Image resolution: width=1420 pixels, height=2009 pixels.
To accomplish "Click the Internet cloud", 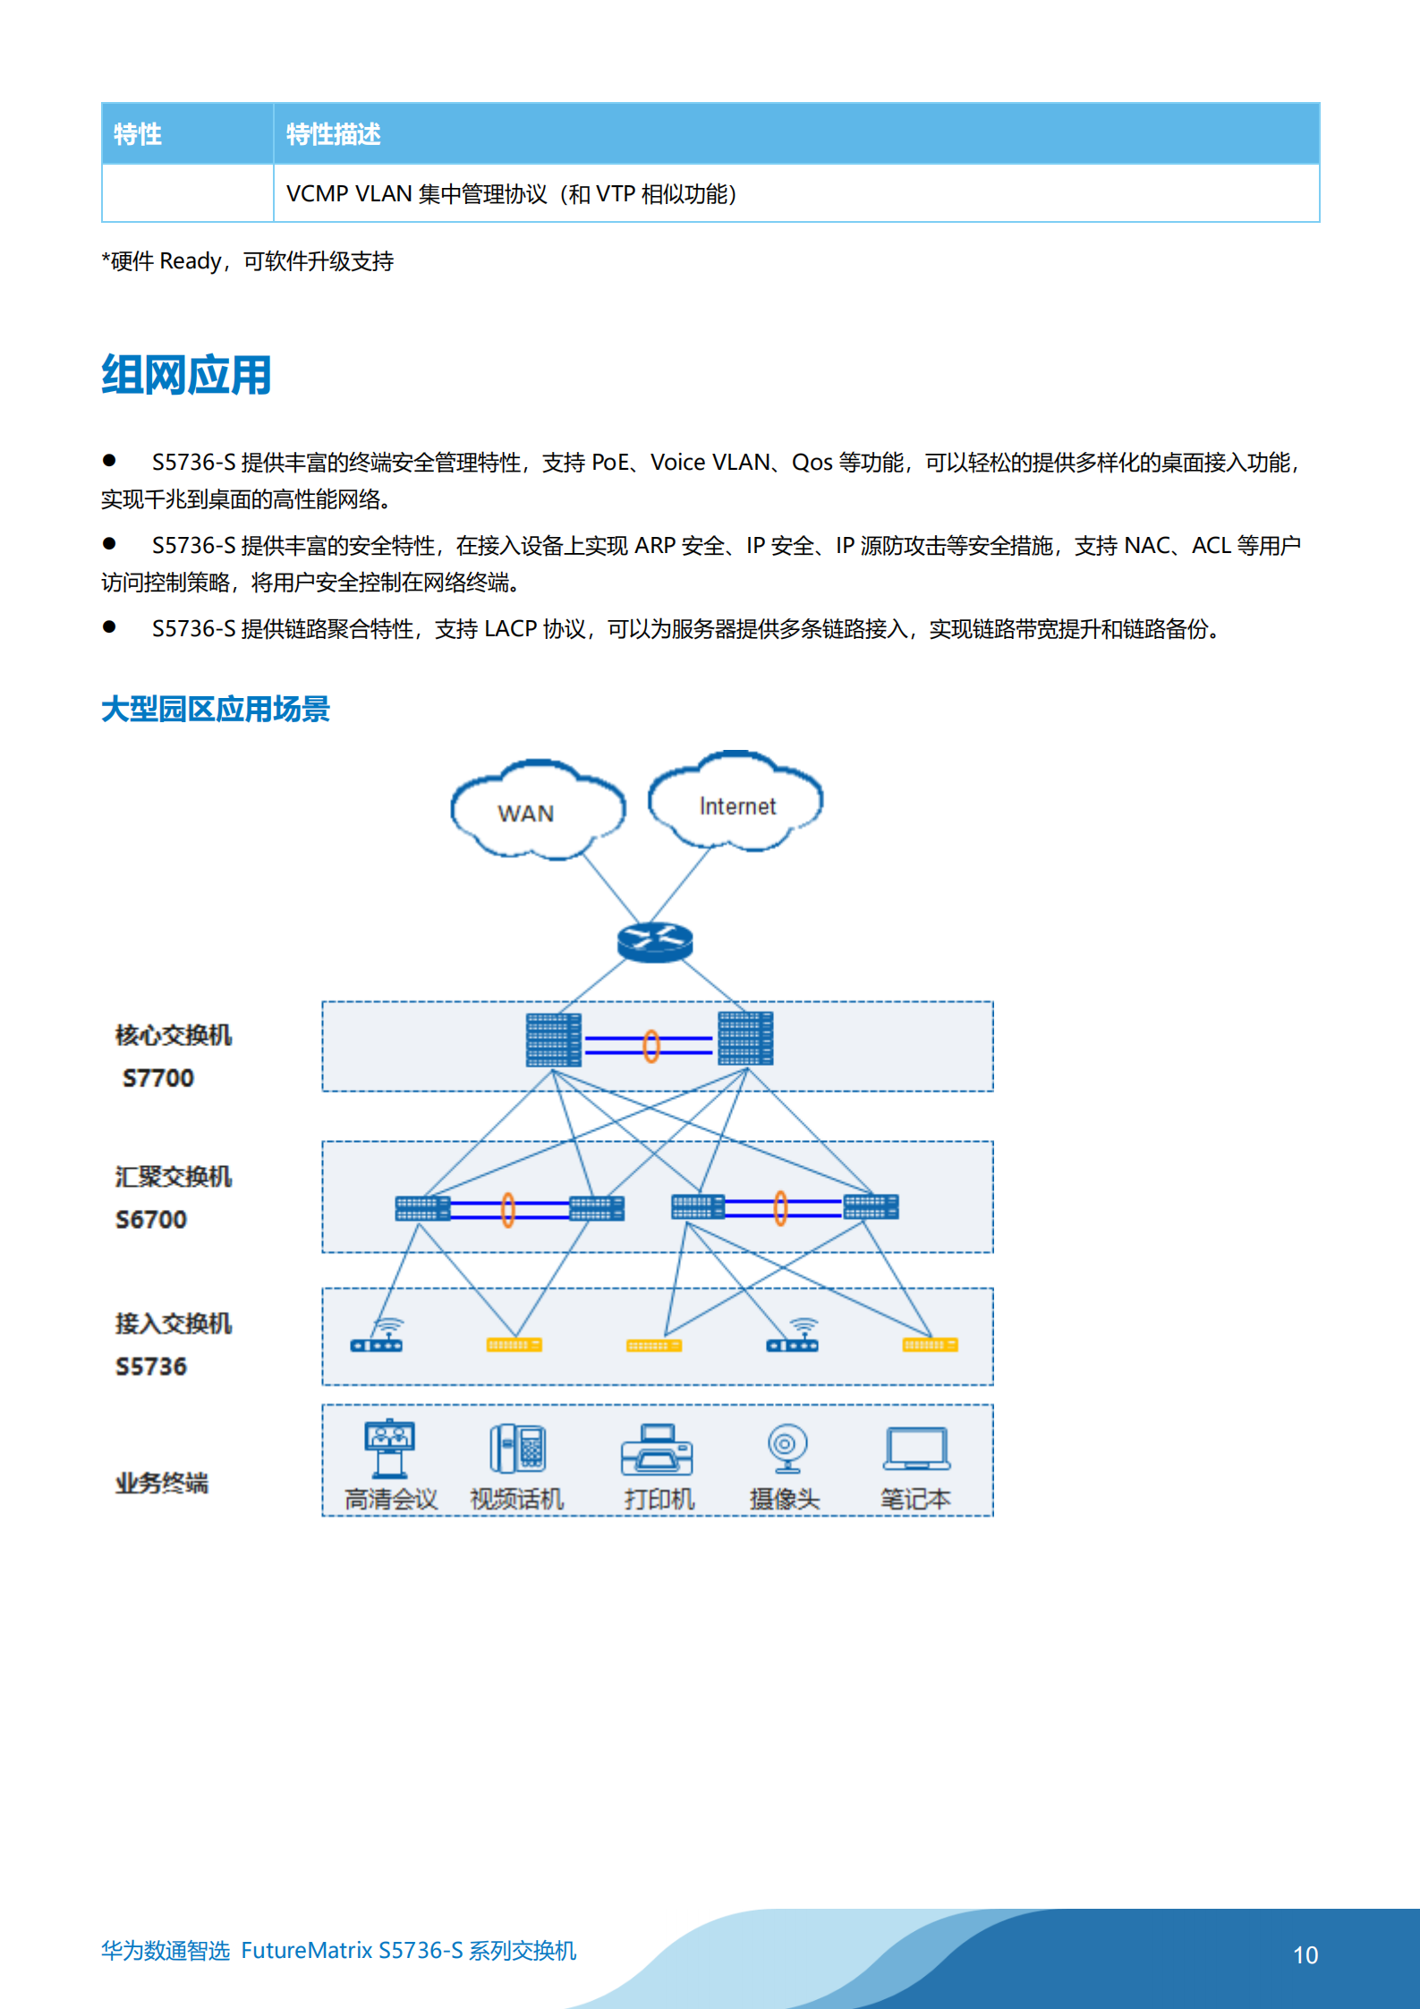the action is pos(736,801).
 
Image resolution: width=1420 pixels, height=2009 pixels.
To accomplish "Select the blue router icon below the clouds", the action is pos(655,942).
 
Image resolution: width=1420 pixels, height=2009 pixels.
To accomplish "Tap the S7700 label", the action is pos(158,1077).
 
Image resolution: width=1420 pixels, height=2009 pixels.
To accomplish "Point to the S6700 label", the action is pos(151,1219).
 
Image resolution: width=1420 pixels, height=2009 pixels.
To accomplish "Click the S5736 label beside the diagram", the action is pos(151,1366).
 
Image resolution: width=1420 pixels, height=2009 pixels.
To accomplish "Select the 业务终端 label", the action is pos(162,1483).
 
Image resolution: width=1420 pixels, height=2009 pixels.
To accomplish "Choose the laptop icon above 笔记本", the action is pos(916,1449).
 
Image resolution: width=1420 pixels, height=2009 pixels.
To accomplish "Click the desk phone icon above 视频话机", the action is pos(518,1448).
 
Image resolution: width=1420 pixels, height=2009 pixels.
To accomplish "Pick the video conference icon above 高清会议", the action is pos(389,1448).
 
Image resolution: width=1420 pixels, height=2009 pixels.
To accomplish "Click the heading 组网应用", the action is pos(186,375).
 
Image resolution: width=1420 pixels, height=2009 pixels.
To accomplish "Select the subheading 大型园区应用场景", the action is pos(216,709).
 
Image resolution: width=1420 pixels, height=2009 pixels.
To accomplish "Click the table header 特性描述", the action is pos(334,134).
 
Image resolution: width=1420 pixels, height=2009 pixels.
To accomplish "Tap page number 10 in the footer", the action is pos(1305,1954).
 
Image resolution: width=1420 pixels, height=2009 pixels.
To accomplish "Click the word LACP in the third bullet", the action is pos(510,629).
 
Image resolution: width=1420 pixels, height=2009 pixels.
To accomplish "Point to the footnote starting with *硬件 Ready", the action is pos(248,261).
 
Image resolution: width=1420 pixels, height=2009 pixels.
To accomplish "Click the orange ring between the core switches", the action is pos(651,1045).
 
